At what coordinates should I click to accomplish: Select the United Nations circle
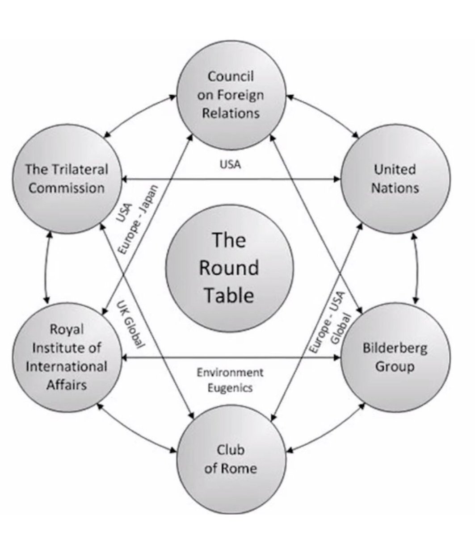pyautogui.click(x=395, y=179)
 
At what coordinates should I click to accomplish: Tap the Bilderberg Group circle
pyautogui.click(x=395, y=357)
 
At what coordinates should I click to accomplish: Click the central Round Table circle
pyautogui.click(x=230, y=268)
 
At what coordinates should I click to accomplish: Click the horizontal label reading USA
pyautogui.click(x=230, y=164)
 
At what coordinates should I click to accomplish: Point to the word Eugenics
pyautogui.click(x=230, y=387)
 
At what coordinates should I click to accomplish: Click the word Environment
pyautogui.click(x=230, y=373)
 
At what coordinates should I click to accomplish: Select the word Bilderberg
pyautogui.click(x=395, y=348)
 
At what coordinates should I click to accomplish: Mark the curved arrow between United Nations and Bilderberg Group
pyautogui.click(x=417, y=268)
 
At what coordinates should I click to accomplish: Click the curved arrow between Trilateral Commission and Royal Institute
pyautogui.click(x=46, y=268)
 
